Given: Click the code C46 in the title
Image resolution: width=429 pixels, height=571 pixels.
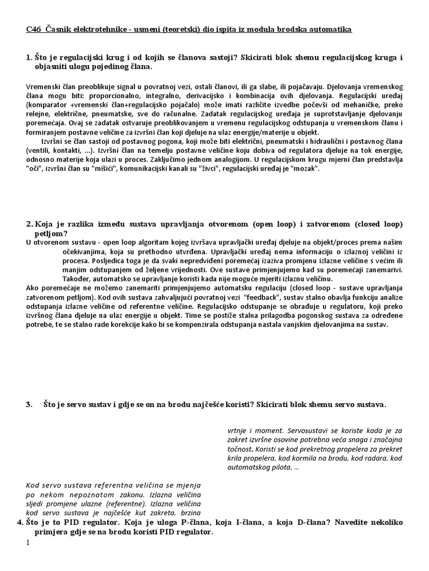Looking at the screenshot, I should (x=33, y=29).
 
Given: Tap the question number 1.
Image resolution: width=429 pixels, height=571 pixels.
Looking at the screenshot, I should (x=29, y=58).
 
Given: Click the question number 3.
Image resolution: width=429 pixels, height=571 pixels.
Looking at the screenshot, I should (x=29, y=405).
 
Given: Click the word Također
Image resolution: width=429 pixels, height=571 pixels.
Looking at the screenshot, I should (x=76, y=278).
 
